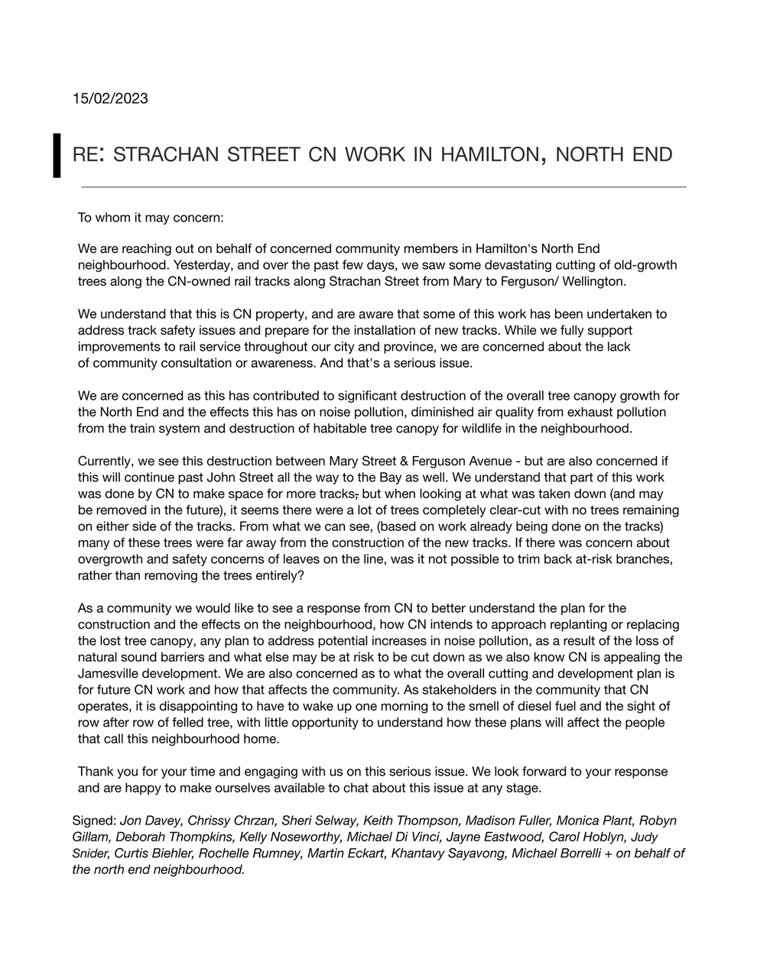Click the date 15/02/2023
(x=110, y=99)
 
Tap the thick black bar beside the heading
(x=57, y=155)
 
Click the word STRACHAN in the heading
(x=165, y=155)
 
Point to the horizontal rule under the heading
(x=383, y=186)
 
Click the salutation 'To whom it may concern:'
(x=151, y=218)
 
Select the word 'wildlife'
(x=496, y=429)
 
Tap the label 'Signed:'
(x=95, y=821)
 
